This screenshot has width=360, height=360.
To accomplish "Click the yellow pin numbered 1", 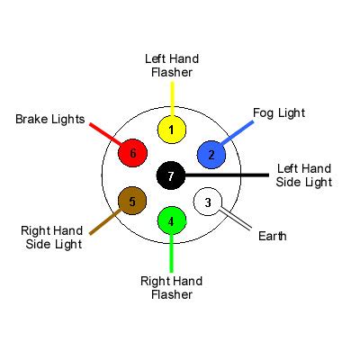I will [x=171, y=129].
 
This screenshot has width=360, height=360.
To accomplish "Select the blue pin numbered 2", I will [x=211, y=153].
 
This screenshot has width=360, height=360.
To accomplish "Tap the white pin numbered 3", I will [x=209, y=202].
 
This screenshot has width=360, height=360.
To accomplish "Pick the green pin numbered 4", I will [x=171, y=220].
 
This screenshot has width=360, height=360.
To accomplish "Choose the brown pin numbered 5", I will [x=132, y=201].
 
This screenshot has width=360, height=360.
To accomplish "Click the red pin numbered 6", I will [x=132, y=153].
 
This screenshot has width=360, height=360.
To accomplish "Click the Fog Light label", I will [x=279, y=113].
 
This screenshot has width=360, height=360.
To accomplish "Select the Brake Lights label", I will [x=49, y=119].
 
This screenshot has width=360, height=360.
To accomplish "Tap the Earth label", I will [x=272, y=237].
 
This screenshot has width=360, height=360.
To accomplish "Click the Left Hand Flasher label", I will [x=171, y=65].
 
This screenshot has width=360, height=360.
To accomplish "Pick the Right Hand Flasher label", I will [x=171, y=287].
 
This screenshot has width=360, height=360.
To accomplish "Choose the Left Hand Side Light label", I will [x=304, y=175].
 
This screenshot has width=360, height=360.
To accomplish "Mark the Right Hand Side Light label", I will [x=51, y=237].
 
